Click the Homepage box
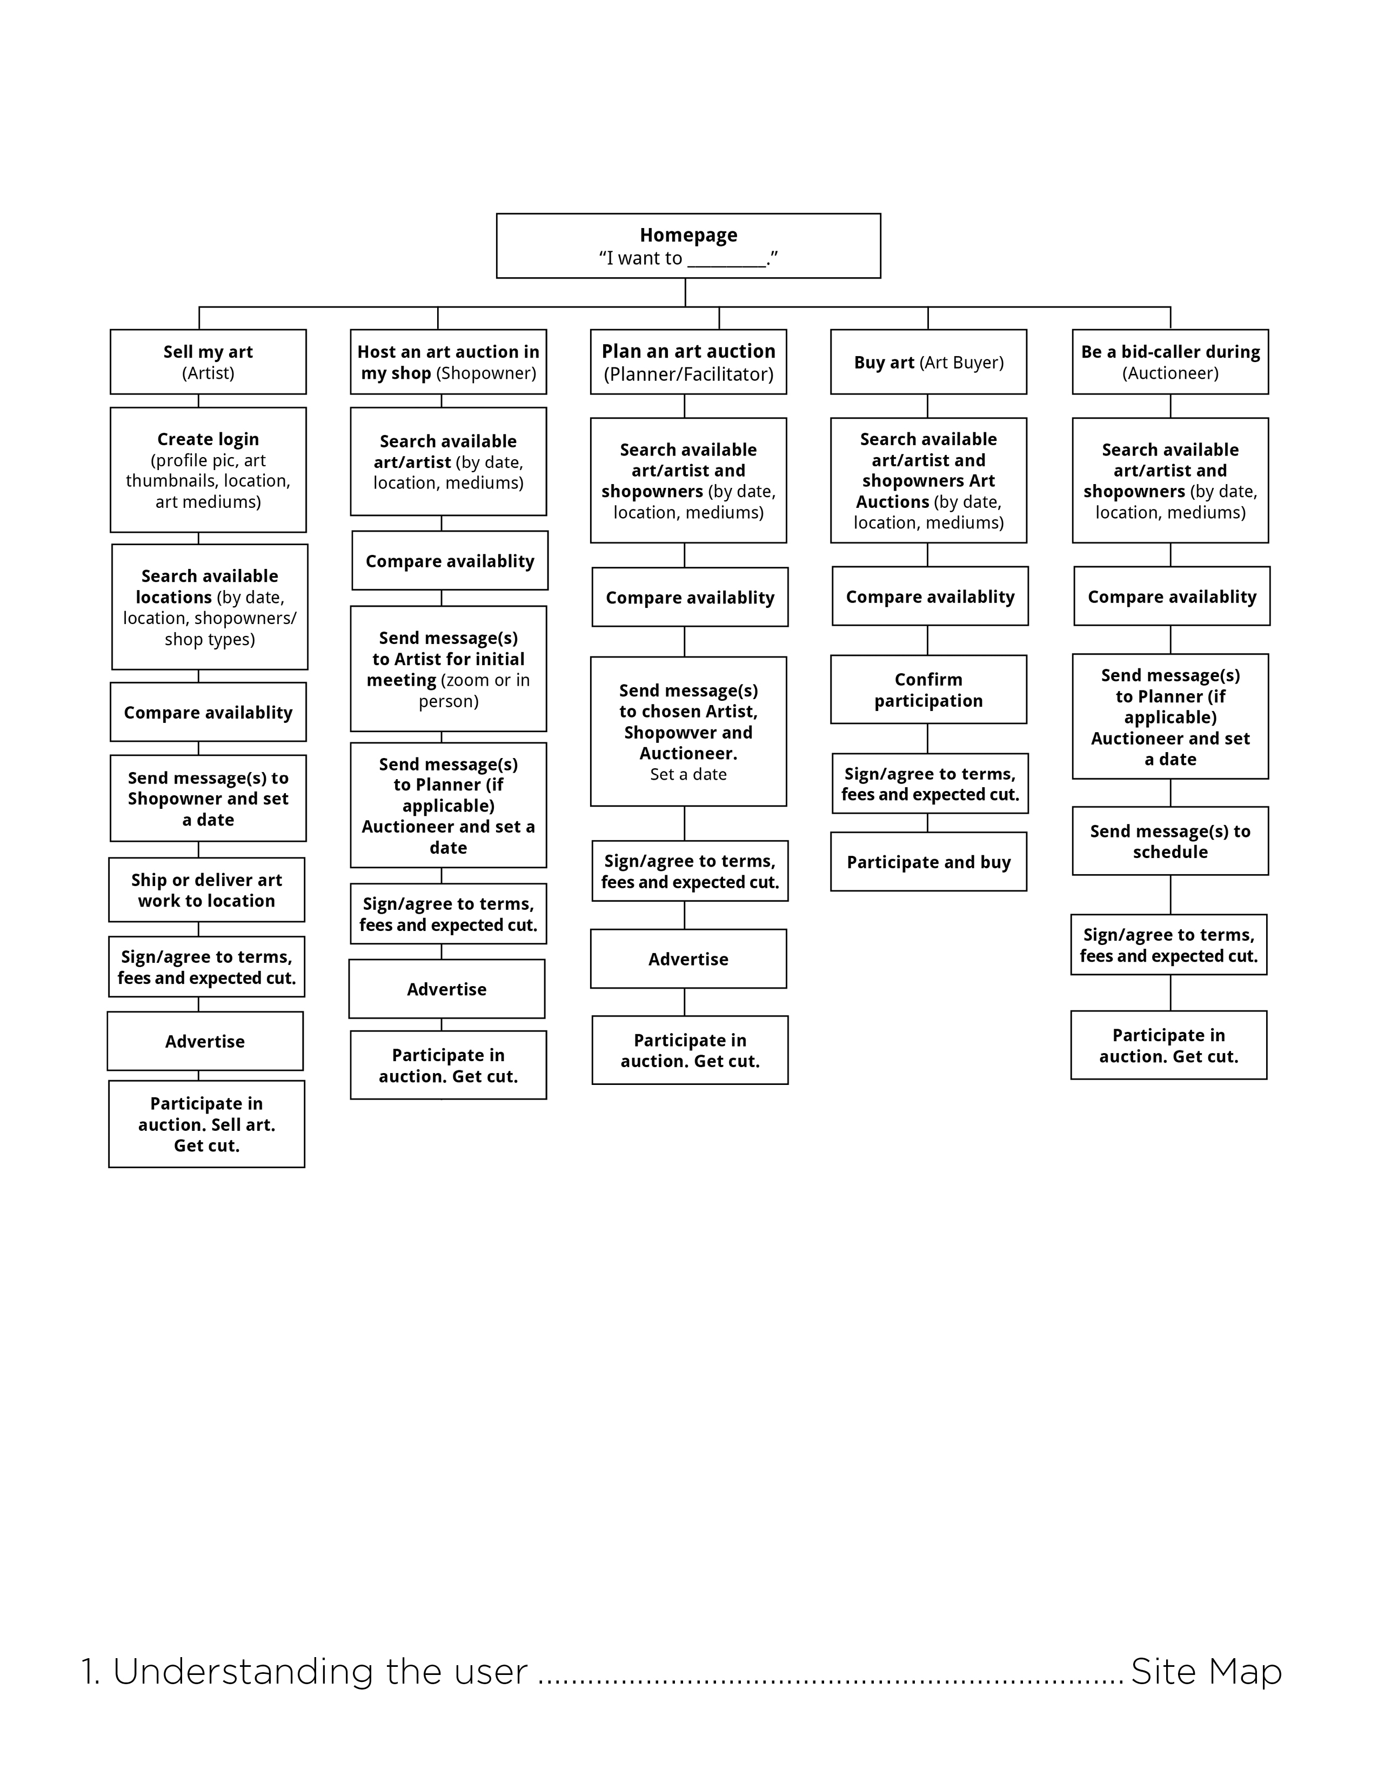click(688, 246)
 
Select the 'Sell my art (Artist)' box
click(208, 361)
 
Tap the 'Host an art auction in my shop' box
click(448, 361)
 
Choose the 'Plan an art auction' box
click(688, 361)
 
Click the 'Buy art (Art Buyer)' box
click(928, 361)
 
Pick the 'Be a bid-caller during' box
click(1170, 361)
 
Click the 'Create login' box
click(208, 470)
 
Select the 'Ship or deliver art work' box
click(206, 890)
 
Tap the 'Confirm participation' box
click(928, 690)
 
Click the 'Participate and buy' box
click(928, 862)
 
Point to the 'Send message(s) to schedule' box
click(1170, 841)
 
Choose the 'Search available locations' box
click(210, 607)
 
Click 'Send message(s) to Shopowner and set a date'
click(208, 799)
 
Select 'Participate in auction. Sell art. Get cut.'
click(206, 1124)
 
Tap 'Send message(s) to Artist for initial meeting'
click(448, 669)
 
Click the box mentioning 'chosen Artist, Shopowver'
click(688, 732)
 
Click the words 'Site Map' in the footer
click(1206, 1671)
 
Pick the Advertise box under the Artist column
click(205, 1041)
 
